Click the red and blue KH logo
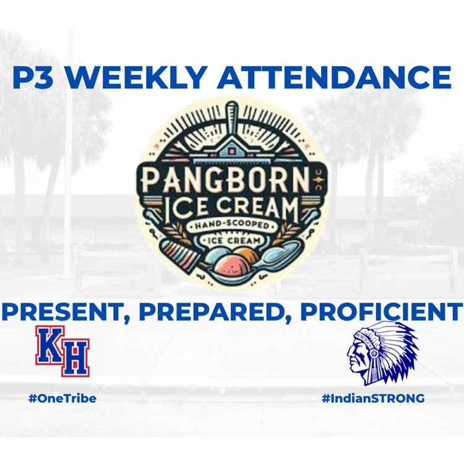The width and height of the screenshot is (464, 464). (x=62, y=351)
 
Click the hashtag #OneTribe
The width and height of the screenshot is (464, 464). (x=62, y=398)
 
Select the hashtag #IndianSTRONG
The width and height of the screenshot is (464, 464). (x=373, y=398)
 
